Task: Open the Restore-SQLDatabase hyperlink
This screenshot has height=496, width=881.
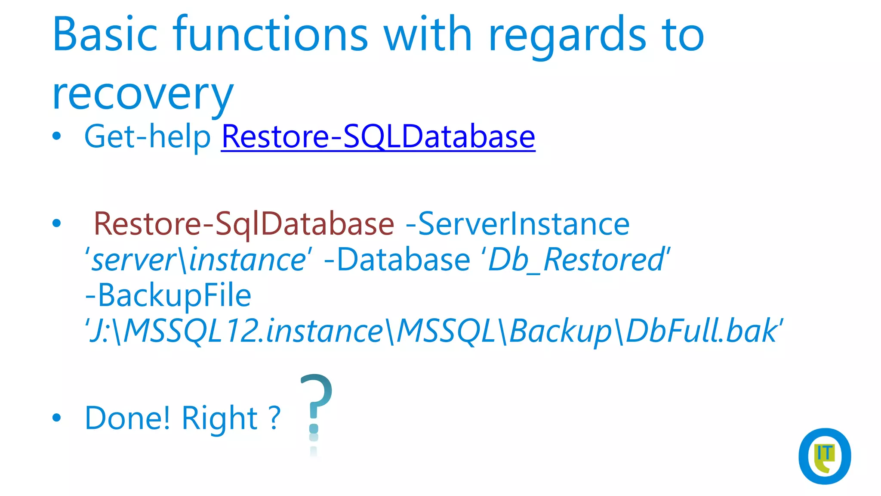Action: (x=378, y=137)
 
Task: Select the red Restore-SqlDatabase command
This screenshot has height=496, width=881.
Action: (x=243, y=224)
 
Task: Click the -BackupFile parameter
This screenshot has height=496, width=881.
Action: (x=168, y=296)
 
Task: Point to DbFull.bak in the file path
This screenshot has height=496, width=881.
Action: (x=701, y=332)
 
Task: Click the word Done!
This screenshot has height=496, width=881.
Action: (x=127, y=418)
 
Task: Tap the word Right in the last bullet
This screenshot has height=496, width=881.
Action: (x=219, y=418)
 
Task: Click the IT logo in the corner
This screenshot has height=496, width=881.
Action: (x=824, y=456)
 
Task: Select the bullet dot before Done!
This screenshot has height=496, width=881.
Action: (x=56, y=417)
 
